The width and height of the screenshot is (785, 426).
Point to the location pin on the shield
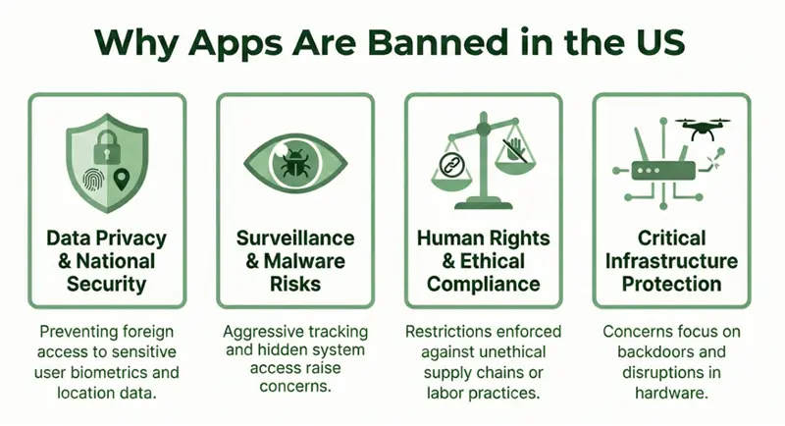pyautogui.click(x=123, y=180)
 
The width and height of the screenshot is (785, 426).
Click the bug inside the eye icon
pyautogui.click(x=293, y=163)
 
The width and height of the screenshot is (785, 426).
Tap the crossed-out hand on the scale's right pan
pyautogui.click(x=516, y=149)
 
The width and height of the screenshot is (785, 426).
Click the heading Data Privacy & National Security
pyautogui.click(x=106, y=260)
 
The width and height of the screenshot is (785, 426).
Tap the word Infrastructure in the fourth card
pyautogui.click(x=671, y=261)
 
